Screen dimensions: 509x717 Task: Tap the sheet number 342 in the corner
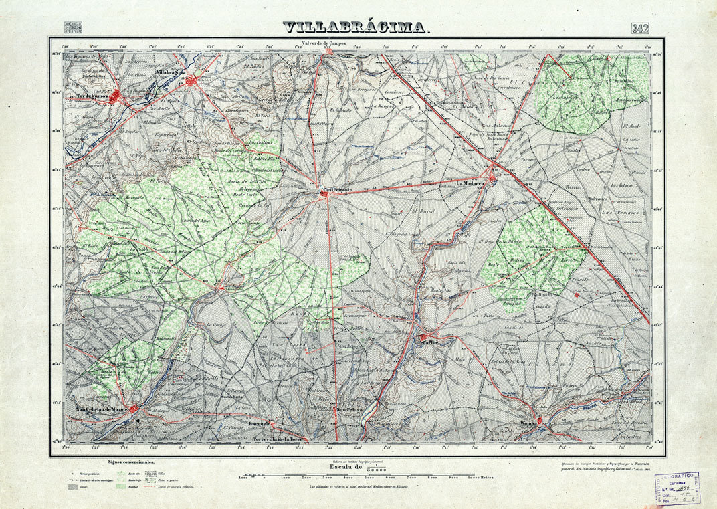click(x=642, y=28)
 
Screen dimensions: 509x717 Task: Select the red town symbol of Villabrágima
click(x=193, y=82)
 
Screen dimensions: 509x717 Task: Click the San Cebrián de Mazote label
click(x=101, y=409)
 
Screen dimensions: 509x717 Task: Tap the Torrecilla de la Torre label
click(x=280, y=439)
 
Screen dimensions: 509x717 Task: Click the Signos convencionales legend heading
click(x=131, y=462)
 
